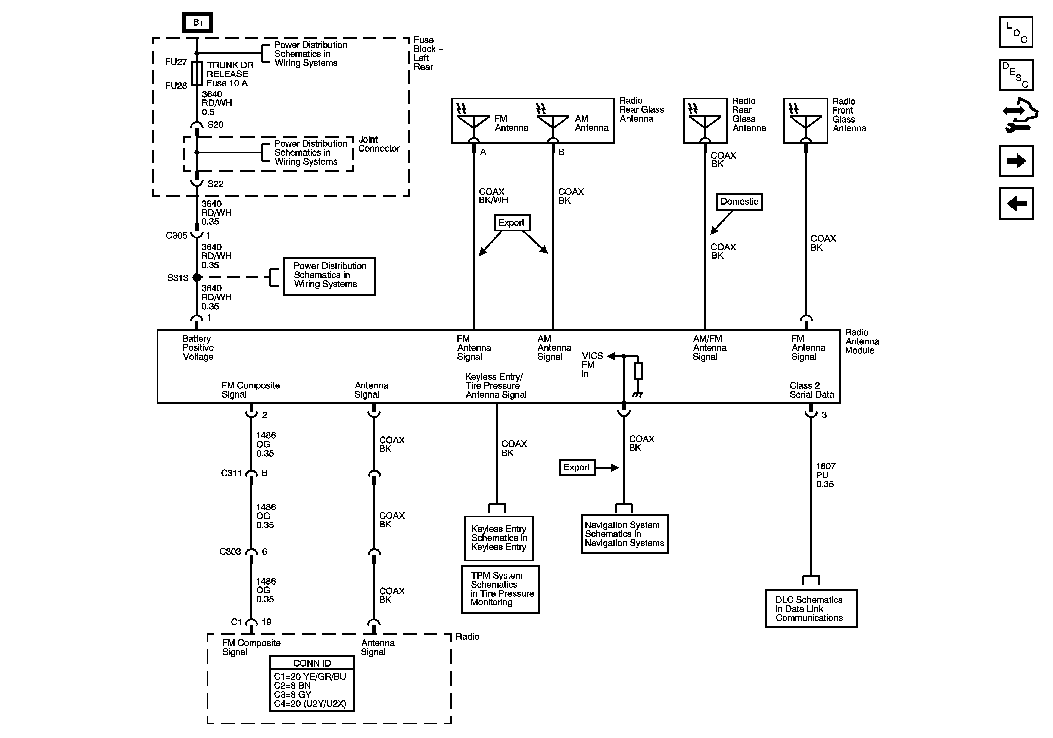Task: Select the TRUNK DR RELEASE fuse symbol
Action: tap(197, 73)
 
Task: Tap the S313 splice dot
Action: tap(197, 277)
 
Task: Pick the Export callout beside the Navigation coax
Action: tap(577, 467)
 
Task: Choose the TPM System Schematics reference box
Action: tap(500, 589)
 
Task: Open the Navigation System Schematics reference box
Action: tap(625, 534)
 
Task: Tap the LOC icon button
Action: tap(1016, 33)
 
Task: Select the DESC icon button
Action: tap(1016, 75)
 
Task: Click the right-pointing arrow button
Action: tap(1016, 161)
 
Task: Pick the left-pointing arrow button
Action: tap(1016, 203)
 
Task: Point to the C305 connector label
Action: tap(177, 235)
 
